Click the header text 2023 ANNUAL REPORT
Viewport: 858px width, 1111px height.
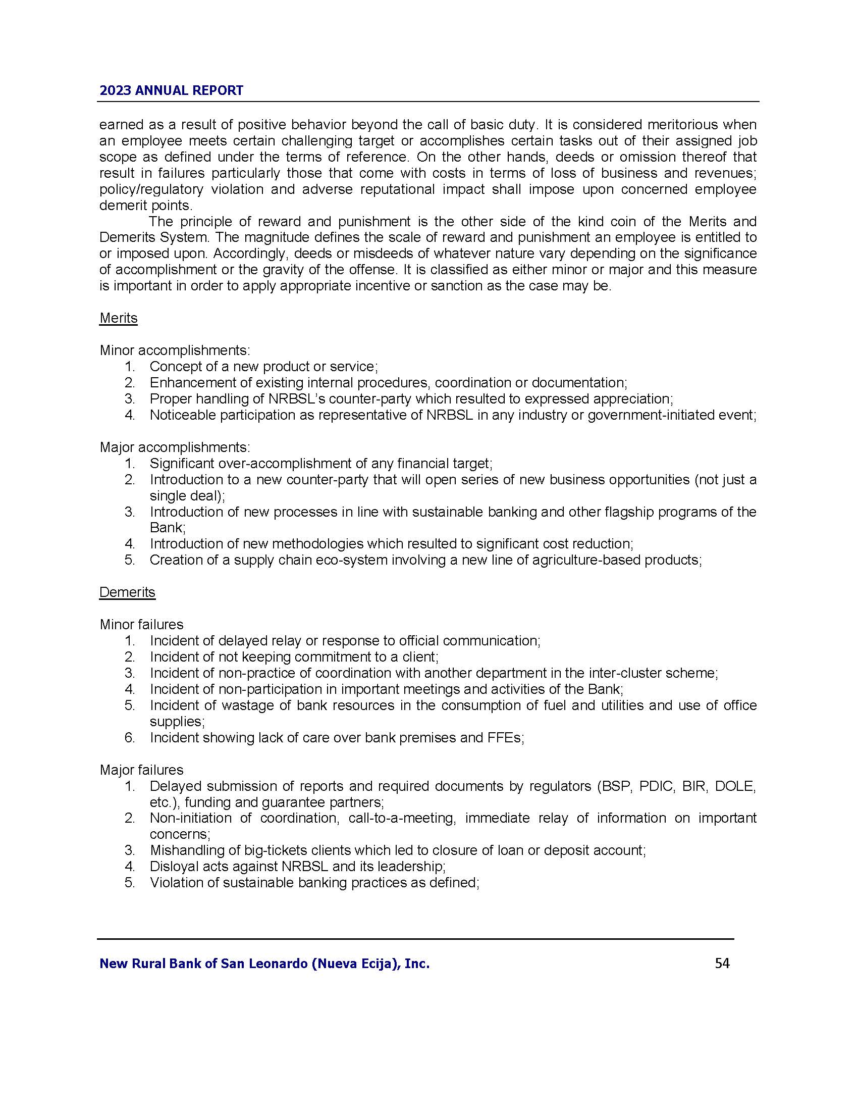point(171,90)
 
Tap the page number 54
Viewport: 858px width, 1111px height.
point(722,963)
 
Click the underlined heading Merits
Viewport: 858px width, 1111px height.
point(119,318)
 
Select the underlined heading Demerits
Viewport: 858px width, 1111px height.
point(127,592)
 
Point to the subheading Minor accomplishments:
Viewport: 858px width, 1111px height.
point(175,350)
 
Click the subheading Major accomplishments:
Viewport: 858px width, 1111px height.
point(175,447)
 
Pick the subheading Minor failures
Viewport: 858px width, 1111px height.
point(141,624)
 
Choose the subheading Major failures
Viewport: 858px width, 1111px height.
point(141,770)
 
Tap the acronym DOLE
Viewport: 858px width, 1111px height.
point(735,786)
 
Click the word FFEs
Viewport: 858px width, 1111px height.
point(506,738)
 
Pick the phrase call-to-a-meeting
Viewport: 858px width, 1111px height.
point(401,818)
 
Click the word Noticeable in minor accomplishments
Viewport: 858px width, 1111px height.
point(182,415)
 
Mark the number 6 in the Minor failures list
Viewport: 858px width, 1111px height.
point(129,738)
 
